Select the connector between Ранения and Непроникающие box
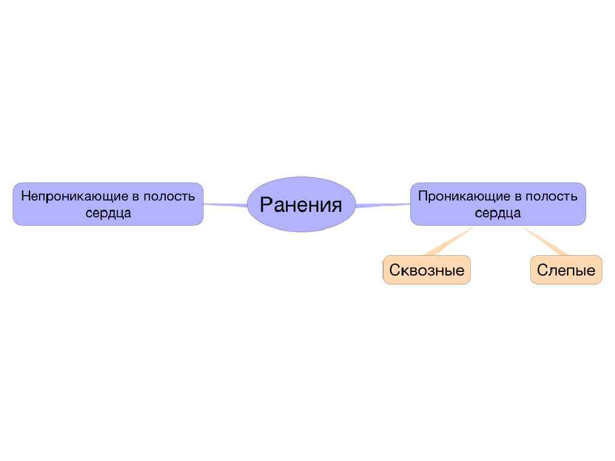(x=225, y=205)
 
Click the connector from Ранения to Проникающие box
(x=383, y=205)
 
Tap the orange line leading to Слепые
(x=547, y=242)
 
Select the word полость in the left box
(x=169, y=196)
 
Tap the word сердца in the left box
(x=108, y=213)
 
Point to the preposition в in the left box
(x=134, y=197)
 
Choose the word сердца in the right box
(x=498, y=213)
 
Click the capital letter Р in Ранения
(x=266, y=205)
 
